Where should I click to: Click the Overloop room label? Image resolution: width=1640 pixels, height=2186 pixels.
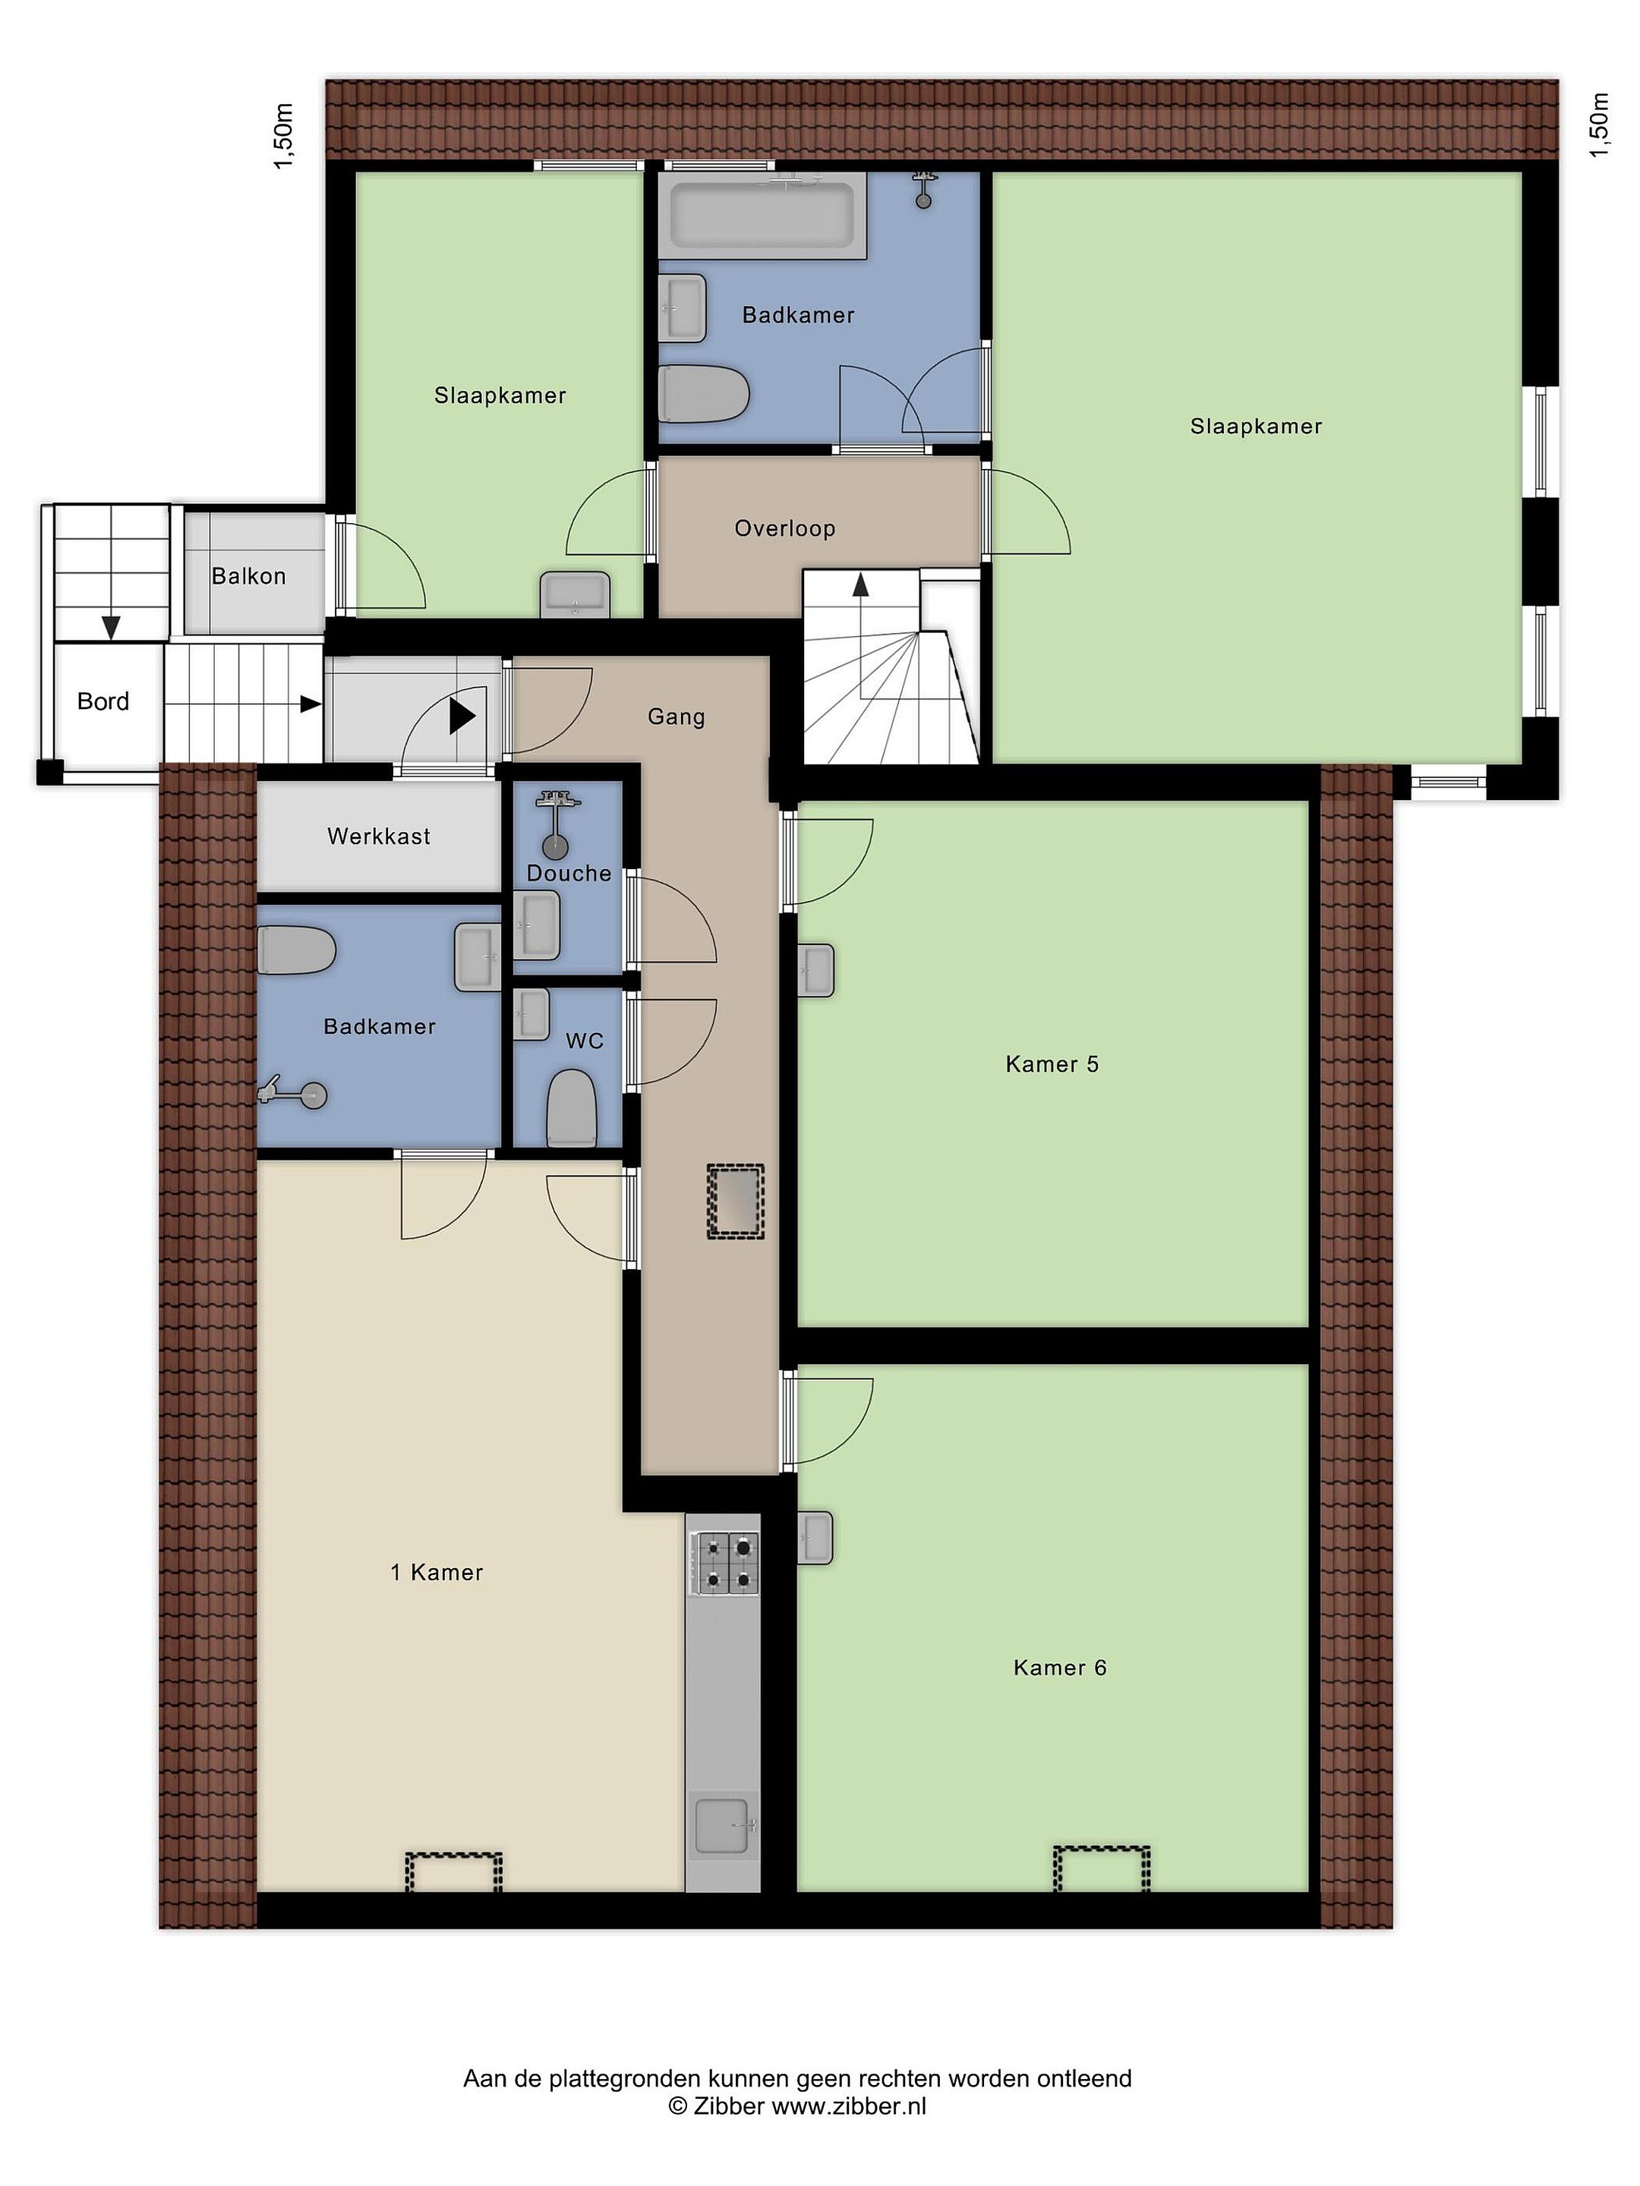tap(785, 529)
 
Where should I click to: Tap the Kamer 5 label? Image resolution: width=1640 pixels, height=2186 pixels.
tap(1052, 1064)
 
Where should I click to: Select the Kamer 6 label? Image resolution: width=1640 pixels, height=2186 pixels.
tap(1060, 1668)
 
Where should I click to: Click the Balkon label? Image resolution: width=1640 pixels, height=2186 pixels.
tap(248, 576)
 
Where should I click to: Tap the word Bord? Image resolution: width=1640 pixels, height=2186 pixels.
tap(102, 701)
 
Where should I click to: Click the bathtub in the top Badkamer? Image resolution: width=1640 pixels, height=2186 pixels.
tap(763, 215)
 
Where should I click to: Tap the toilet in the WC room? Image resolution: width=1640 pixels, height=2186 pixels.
tap(572, 1108)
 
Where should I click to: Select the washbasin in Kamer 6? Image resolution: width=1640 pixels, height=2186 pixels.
tap(815, 1538)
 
